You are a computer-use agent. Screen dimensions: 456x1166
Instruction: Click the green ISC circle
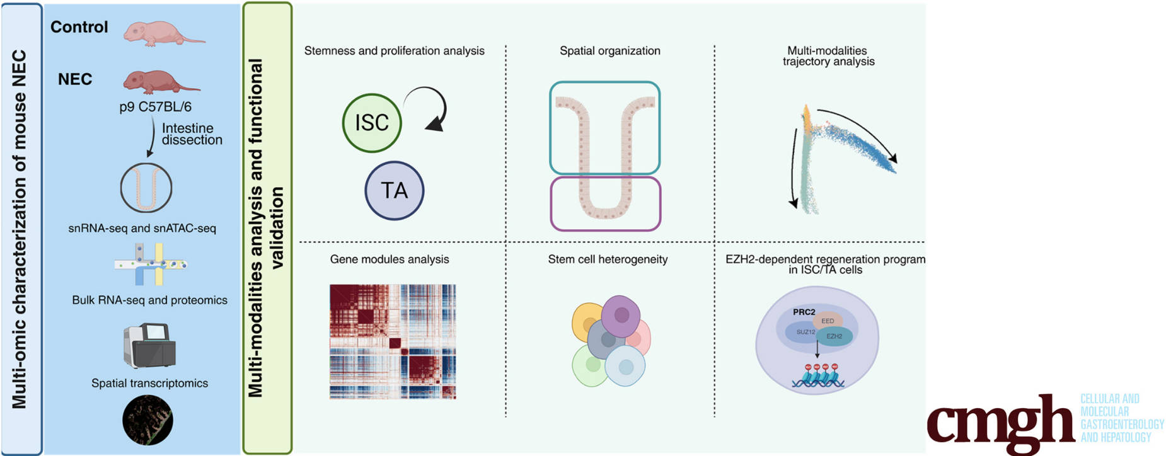click(372, 123)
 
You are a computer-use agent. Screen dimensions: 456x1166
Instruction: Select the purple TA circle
click(394, 190)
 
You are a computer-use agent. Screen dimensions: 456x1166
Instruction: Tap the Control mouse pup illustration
click(161, 33)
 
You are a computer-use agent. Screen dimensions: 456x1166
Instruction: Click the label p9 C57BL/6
click(156, 107)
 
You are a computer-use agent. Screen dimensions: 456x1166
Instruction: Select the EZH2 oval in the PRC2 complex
click(835, 336)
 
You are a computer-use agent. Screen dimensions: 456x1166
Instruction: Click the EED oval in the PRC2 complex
click(828, 321)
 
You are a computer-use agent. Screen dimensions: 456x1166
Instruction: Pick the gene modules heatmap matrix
click(392, 341)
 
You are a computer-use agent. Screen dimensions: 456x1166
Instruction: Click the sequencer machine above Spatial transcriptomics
click(149, 345)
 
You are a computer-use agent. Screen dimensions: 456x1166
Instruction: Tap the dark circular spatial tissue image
click(147, 420)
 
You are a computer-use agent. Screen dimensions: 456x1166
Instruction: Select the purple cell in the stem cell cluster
click(620, 316)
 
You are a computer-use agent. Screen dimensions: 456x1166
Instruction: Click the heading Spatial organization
click(609, 51)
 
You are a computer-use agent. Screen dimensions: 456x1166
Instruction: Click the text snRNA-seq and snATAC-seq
click(142, 229)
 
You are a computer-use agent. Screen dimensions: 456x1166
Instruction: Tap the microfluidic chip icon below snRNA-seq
click(150, 264)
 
